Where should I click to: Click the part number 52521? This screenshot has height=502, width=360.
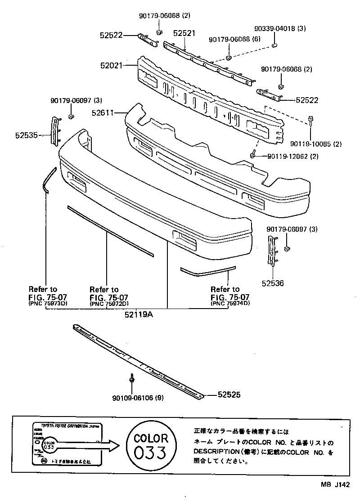click(x=184, y=33)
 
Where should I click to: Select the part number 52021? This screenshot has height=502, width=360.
click(x=111, y=65)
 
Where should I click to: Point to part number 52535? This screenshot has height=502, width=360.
click(x=25, y=134)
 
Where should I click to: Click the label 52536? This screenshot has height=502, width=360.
click(x=274, y=284)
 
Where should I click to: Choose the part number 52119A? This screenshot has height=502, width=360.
click(x=139, y=315)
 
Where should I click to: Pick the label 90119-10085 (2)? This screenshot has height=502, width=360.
click(x=316, y=144)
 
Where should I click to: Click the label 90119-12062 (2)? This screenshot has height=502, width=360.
click(x=293, y=156)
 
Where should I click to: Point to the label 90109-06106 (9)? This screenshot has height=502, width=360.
click(x=138, y=398)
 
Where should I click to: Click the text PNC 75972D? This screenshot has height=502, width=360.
click(x=109, y=304)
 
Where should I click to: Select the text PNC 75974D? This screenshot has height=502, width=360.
click(x=230, y=304)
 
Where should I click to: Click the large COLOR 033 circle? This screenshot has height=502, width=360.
click(x=151, y=445)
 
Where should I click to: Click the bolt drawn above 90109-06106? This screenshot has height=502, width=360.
click(x=131, y=380)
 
